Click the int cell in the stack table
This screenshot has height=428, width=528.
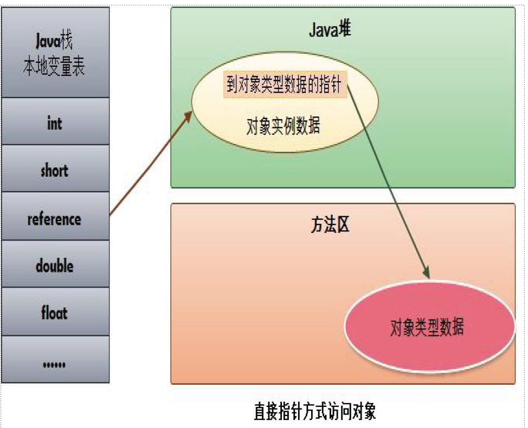(x=55, y=122)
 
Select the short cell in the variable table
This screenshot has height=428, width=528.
(x=55, y=170)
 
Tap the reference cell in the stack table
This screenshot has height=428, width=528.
(x=55, y=218)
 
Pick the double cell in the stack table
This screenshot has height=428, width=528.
(x=55, y=265)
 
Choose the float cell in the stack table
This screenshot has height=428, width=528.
(x=55, y=313)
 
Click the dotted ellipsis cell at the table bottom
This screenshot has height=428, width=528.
(x=55, y=361)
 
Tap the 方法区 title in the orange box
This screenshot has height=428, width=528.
(x=330, y=225)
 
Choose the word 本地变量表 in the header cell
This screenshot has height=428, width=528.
(x=55, y=67)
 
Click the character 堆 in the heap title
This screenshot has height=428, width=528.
(x=345, y=30)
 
